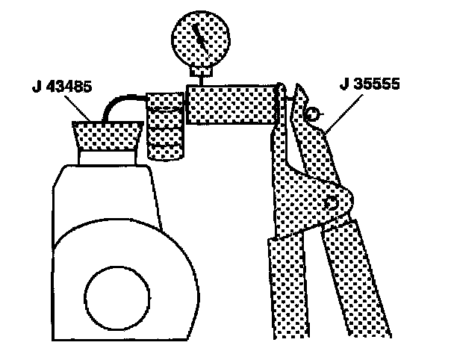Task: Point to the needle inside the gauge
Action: pos(198,34)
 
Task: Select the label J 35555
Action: pos(371,84)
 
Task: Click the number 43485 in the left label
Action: pos(71,87)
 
